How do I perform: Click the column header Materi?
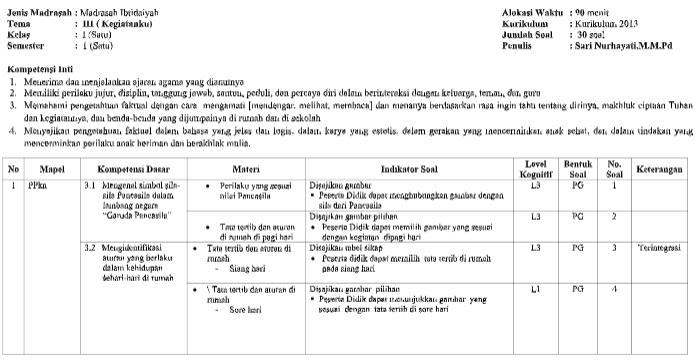click(x=246, y=169)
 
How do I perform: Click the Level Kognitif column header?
click(x=535, y=169)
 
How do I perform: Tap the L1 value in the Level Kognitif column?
click(x=535, y=289)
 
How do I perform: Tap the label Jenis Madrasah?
click(x=33, y=9)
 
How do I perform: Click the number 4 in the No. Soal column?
click(x=615, y=289)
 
